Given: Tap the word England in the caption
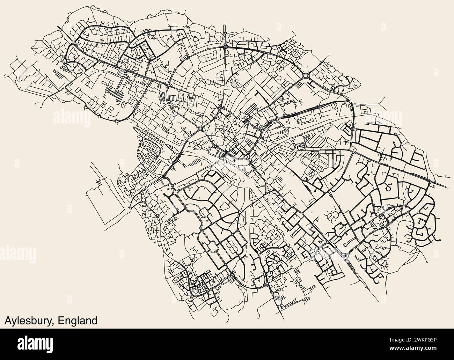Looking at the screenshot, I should [78, 321].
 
